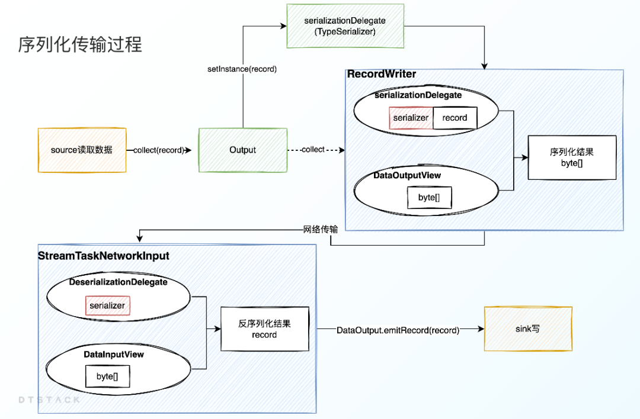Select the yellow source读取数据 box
[82, 150]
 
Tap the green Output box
[242, 150]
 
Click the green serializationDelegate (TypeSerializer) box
[344, 26]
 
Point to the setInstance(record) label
[242, 69]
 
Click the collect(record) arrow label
[159, 150]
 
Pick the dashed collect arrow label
[313, 150]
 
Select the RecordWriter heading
[382, 75]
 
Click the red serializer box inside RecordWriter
[411, 118]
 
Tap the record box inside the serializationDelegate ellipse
[455, 118]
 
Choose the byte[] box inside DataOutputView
[429, 198]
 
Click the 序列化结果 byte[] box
[572, 157]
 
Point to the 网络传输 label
[321, 230]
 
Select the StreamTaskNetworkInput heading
[104, 256]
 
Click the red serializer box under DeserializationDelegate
[107, 306]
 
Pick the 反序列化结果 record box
[264, 330]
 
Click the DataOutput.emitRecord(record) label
[398, 330]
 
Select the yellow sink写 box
[528, 329]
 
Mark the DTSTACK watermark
[49, 400]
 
